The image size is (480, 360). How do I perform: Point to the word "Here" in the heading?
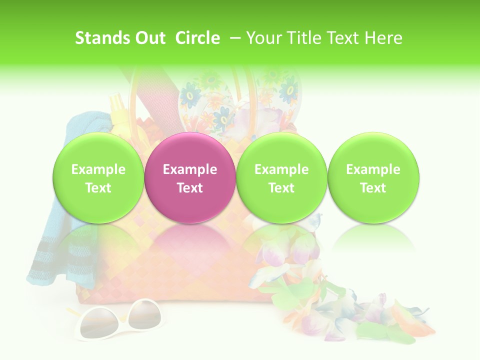tap(383, 38)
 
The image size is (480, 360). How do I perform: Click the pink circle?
tap(189, 178)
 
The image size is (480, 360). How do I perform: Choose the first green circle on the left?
tap(98, 178)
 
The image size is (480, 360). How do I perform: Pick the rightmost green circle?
tap(373, 178)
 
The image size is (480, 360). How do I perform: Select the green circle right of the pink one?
tap(281, 178)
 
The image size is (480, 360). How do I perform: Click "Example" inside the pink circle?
tap(189, 169)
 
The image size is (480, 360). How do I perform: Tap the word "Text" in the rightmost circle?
tap(373, 188)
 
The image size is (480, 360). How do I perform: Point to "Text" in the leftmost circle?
tap(98, 188)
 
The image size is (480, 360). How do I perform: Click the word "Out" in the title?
tap(151, 38)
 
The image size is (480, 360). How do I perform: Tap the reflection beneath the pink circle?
tap(189, 240)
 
